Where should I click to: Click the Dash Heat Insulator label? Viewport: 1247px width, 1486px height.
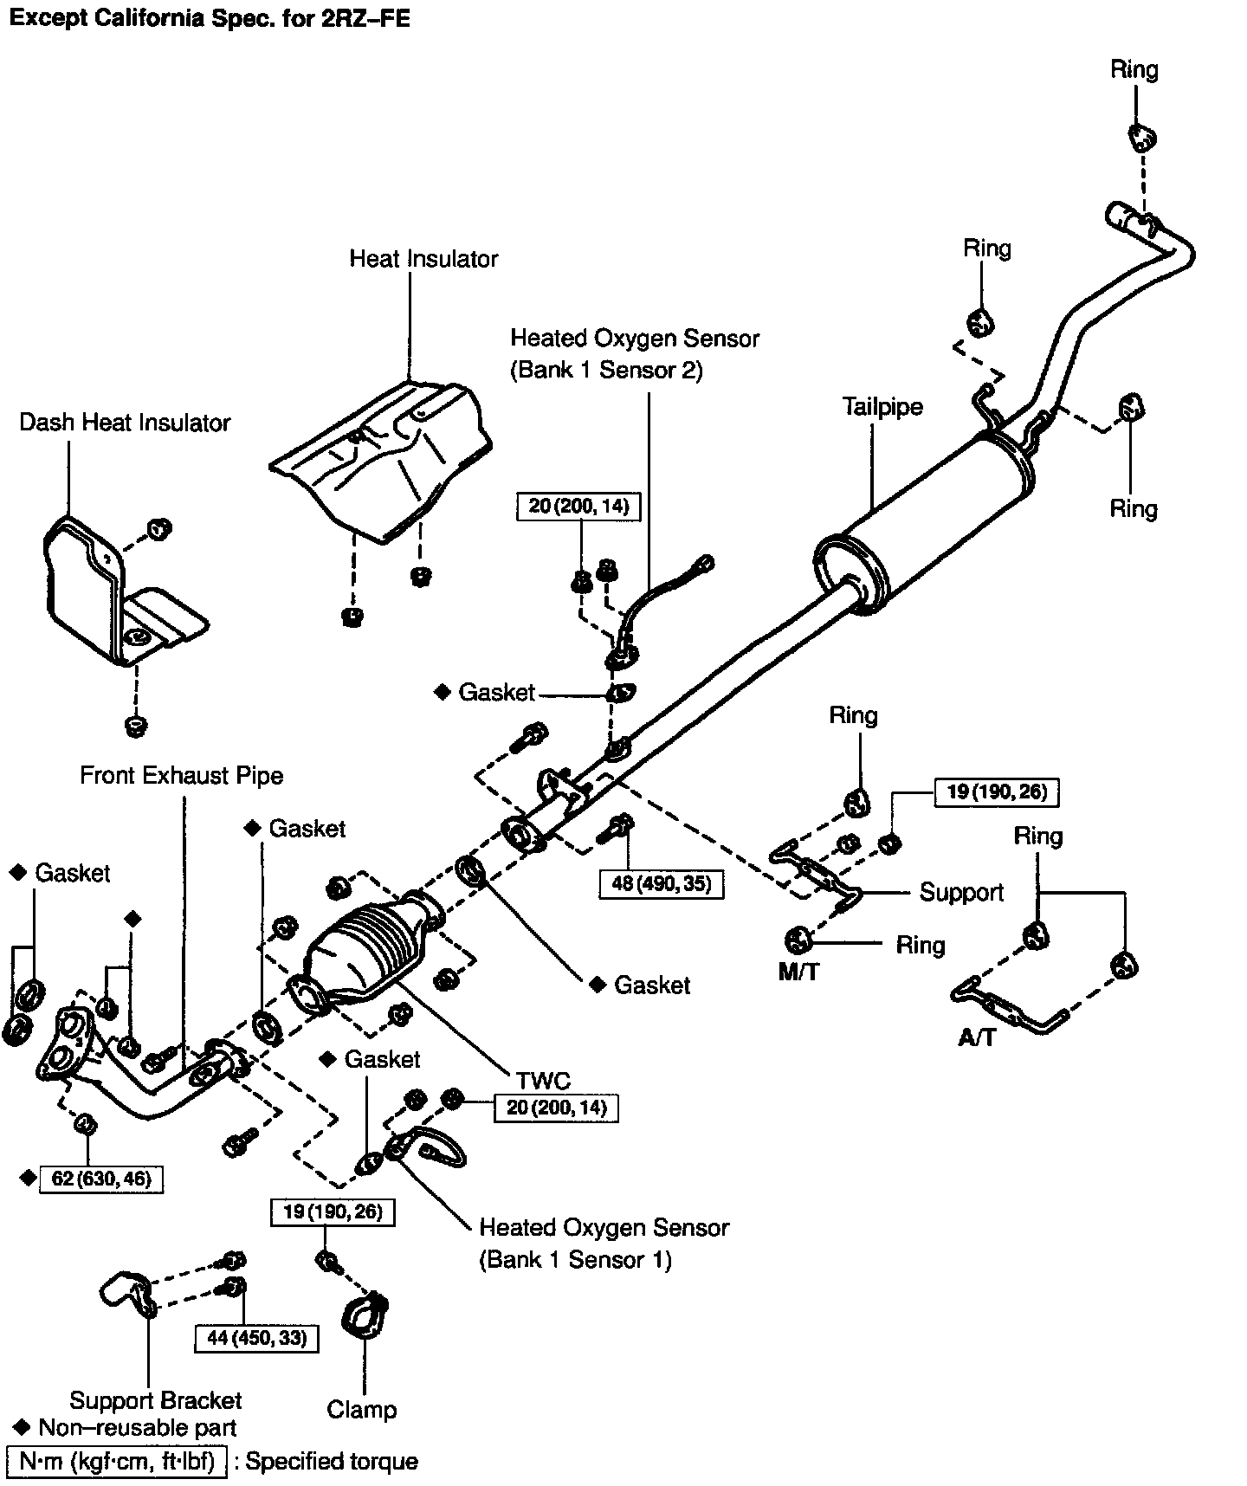tap(125, 423)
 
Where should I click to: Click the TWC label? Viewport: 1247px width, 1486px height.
tap(543, 1080)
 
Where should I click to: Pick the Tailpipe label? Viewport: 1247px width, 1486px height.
tap(882, 406)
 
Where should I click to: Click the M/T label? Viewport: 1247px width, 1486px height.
tap(798, 972)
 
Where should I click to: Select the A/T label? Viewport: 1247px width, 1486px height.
tap(977, 1037)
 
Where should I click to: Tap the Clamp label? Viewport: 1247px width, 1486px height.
tap(361, 1409)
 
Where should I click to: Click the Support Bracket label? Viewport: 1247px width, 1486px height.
tap(155, 1400)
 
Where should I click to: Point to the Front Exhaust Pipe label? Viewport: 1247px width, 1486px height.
tap(181, 775)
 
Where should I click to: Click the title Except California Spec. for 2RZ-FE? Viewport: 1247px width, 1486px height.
tap(208, 18)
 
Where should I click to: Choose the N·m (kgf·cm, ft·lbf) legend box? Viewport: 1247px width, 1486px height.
tap(116, 1462)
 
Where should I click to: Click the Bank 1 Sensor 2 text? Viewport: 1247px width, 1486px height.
tap(606, 370)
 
